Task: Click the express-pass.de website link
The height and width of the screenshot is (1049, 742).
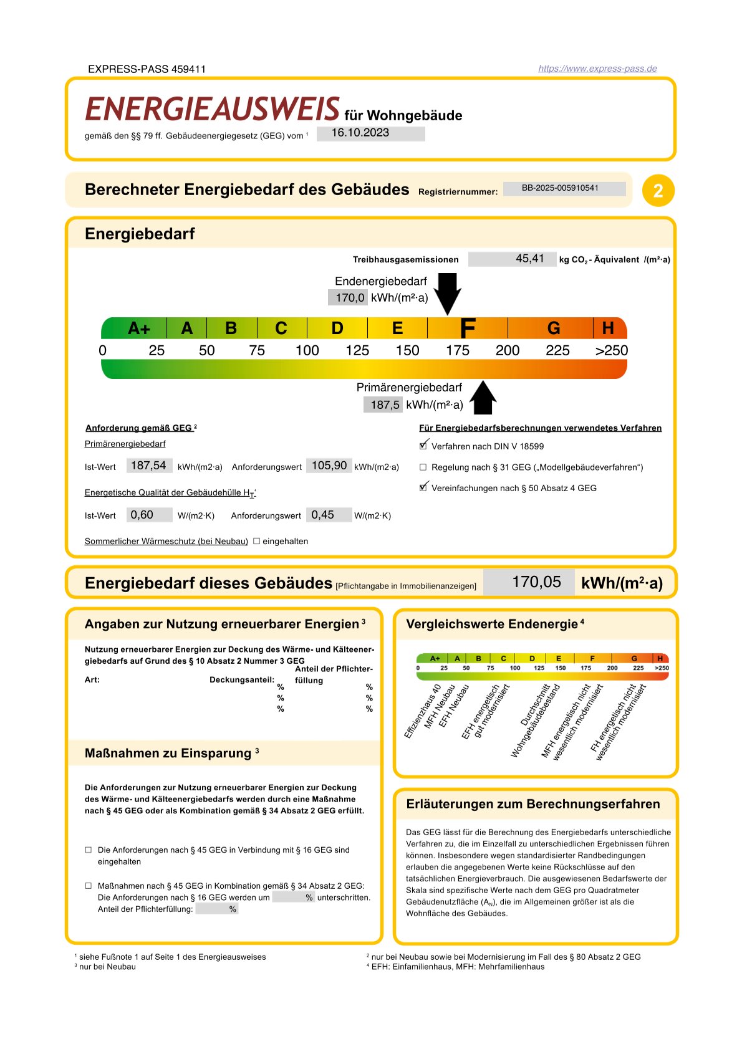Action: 597,69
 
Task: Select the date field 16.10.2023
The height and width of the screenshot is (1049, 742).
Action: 370,133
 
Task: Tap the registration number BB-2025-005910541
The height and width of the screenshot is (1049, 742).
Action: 564,188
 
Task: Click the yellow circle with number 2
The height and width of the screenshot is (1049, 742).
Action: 658,191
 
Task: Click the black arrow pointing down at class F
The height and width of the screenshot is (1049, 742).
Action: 447,293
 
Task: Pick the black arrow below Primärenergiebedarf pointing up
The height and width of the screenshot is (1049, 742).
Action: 483,398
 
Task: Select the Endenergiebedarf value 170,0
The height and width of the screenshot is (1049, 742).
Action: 349,297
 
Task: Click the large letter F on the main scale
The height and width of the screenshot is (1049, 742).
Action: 467,328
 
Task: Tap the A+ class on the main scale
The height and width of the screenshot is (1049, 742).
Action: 138,328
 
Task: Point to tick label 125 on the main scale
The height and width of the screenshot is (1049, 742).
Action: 357,350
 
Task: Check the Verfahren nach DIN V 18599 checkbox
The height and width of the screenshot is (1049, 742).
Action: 423,446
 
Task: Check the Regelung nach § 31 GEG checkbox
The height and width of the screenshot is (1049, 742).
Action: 423,467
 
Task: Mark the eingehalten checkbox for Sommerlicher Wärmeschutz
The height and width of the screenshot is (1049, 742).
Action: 256,541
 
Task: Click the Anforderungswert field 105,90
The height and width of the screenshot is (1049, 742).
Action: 329,466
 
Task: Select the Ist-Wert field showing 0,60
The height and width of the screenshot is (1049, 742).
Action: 149,515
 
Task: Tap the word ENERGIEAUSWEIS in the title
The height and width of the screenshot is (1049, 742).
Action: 212,109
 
